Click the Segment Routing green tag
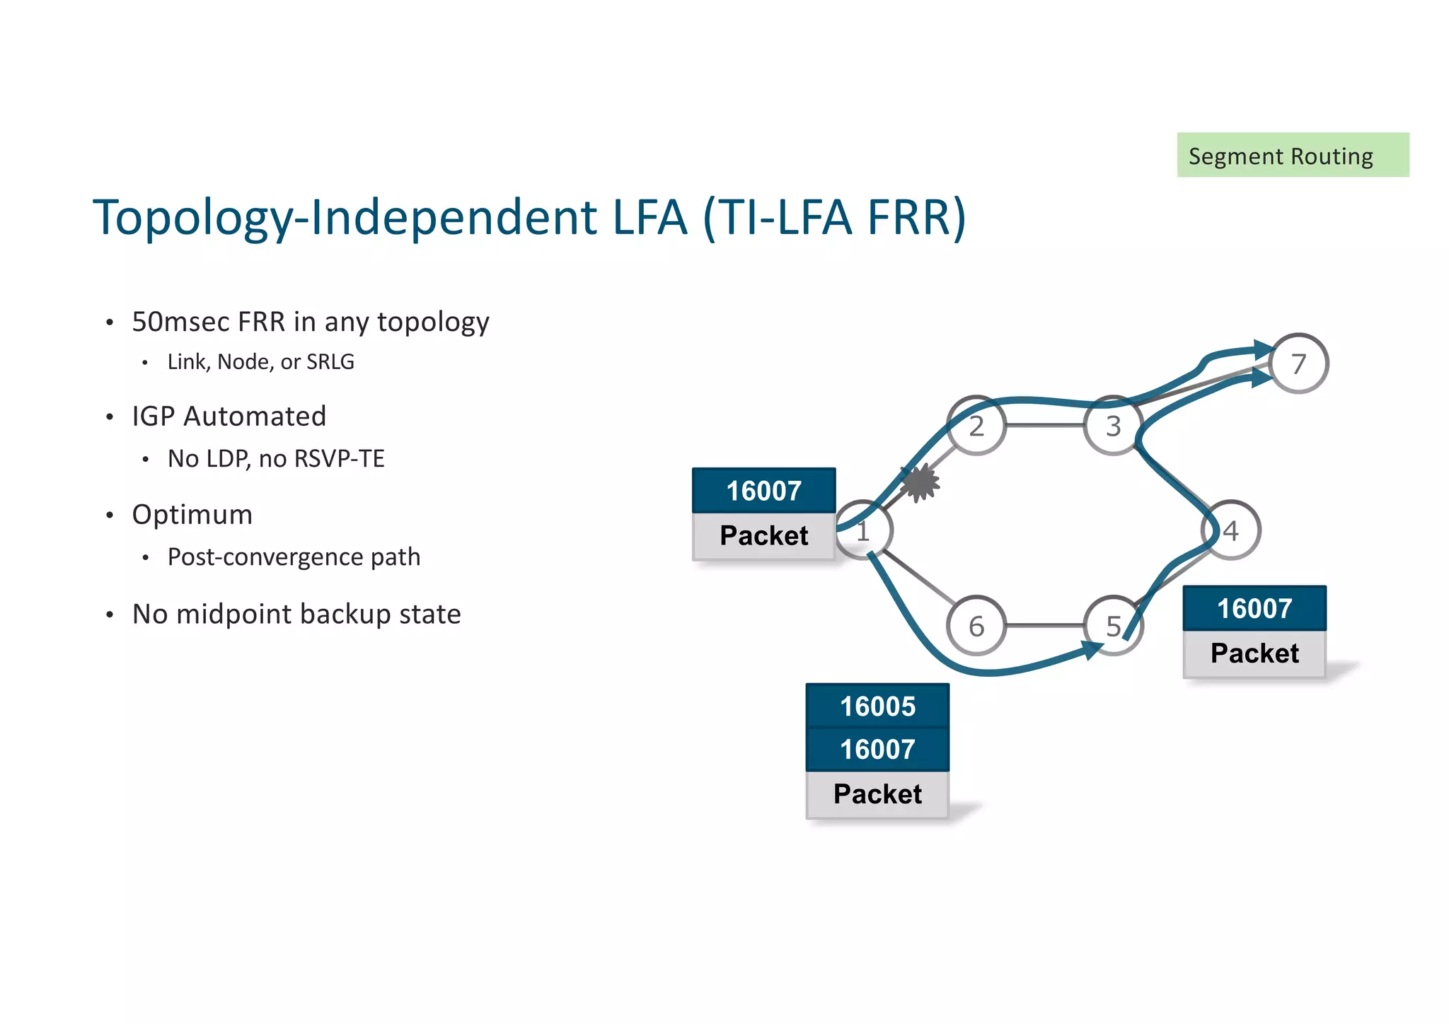coord(1292,155)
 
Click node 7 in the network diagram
coord(1298,363)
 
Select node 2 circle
coord(976,426)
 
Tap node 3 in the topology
coord(1113,426)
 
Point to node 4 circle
coord(1231,530)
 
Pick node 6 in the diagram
coord(976,626)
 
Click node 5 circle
coord(1113,626)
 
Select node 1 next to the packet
coord(863,530)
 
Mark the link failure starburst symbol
coord(920,483)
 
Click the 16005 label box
coord(877,706)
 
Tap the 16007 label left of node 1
coord(763,490)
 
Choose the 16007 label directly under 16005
coord(877,749)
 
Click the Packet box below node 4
coord(1254,653)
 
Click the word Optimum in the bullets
coord(192,514)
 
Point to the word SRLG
coord(330,361)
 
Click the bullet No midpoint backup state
coord(296,614)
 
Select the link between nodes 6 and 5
coord(1044,625)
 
